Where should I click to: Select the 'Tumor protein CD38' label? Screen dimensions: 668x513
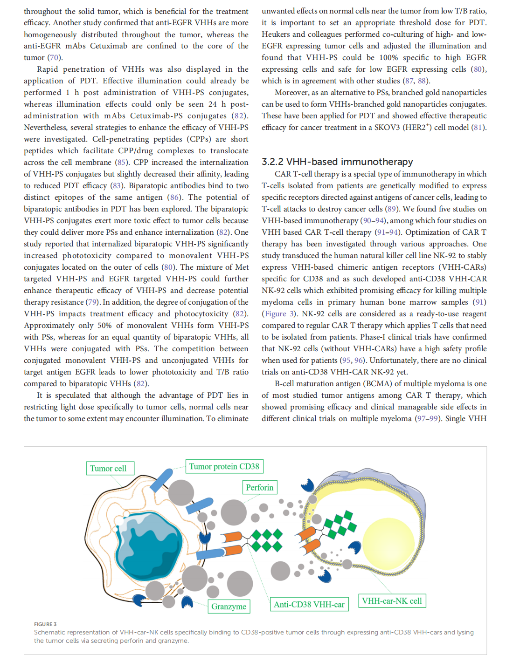(224, 466)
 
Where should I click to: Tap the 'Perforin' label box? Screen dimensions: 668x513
(260, 487)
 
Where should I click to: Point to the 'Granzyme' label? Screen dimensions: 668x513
(229, 606)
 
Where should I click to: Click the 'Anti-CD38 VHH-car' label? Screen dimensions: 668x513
(309, 604)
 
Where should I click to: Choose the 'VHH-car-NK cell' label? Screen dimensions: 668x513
(392, 600)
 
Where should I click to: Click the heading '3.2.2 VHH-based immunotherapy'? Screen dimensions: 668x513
(337, 162)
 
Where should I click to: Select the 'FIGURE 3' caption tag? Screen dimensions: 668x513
(45, 624)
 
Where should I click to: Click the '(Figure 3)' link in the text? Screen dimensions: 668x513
(280, 314)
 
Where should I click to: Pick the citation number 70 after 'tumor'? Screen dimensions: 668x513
(55, 57)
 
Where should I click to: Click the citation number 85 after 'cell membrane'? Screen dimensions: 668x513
(122, 162)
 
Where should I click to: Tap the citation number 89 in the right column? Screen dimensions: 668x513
(391, 209)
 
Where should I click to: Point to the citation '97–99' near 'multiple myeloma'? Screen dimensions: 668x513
(428, 418)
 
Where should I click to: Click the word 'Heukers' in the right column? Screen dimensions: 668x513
(276, 34)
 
